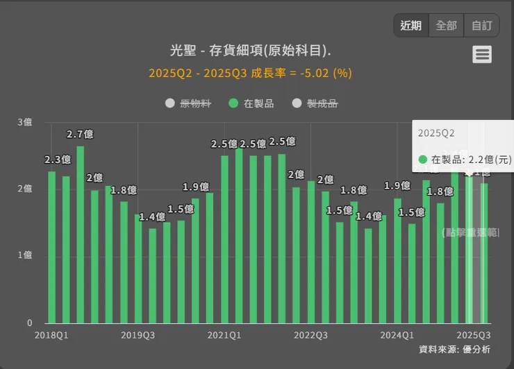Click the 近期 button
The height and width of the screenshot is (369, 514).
click(x=411, y=26)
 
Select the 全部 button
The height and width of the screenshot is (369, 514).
click(x=446, y=26)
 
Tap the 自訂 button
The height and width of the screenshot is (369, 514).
click(x=481, y=26)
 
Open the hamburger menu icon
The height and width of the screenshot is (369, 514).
click(x=482, y=54)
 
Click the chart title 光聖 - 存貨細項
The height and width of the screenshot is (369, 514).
click(x=250, y=51)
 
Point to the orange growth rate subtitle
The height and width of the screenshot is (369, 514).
click(x=250, y=73)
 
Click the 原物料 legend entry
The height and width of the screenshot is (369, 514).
click(x=188, y=103)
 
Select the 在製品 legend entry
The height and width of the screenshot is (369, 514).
click(x=251, y=103)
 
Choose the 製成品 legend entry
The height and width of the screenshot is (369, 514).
click(x=315, y=103)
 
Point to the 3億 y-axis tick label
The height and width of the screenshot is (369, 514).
click(x=24, y=122)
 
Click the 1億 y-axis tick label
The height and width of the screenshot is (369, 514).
click(x=24, y=255)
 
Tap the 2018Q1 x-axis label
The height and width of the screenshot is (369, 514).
click(x=51, y=335)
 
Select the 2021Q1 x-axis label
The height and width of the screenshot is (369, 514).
click(x=224, y=335)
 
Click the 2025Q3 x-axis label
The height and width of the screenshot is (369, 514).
click(x=474, y=335)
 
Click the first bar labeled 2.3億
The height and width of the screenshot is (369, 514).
click(x=51, y=247)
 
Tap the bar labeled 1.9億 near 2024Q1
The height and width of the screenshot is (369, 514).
click(x=397, y=261)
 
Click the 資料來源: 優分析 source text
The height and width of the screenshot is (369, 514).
click(x=454, y=349)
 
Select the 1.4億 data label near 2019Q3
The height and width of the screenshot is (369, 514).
click(x=151, y=216)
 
